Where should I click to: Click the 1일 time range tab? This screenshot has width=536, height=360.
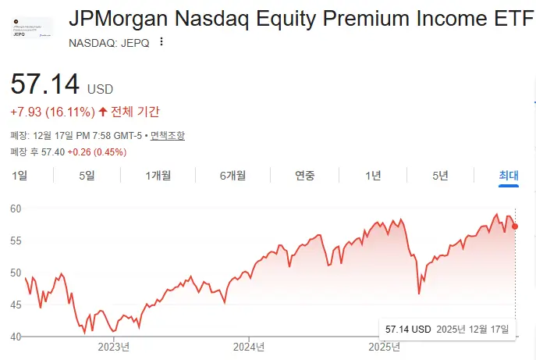pos(20,176)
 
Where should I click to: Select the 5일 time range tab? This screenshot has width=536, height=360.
pos(87,176)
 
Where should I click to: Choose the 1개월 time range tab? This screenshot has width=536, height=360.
pos(158,176)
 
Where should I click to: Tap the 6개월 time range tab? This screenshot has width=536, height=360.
pos(233,176)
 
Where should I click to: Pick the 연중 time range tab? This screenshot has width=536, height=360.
pos(305,176)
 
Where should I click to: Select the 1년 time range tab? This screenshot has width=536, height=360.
pos(373,176)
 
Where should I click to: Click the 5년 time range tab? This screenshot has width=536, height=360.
pos(441,176)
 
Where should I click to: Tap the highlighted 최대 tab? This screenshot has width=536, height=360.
pos(509,176)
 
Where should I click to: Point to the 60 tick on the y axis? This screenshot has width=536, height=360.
pos(16,209)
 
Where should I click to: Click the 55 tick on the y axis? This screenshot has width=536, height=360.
pos(16,241)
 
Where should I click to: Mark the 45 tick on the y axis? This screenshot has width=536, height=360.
pos(16,305)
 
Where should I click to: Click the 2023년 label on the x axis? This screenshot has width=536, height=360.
pos(114,346)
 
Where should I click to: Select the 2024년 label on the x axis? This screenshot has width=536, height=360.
pos(250,346)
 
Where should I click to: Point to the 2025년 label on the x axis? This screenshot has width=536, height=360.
pos(384,346)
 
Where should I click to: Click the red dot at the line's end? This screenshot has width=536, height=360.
pos(515,226)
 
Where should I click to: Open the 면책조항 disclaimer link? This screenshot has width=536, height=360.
pos(168,135)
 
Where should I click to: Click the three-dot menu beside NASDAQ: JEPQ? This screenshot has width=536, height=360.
pos(161,42)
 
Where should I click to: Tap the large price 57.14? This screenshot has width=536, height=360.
pos(45,84)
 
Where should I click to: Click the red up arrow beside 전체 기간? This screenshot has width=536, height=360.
pos(103,112)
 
